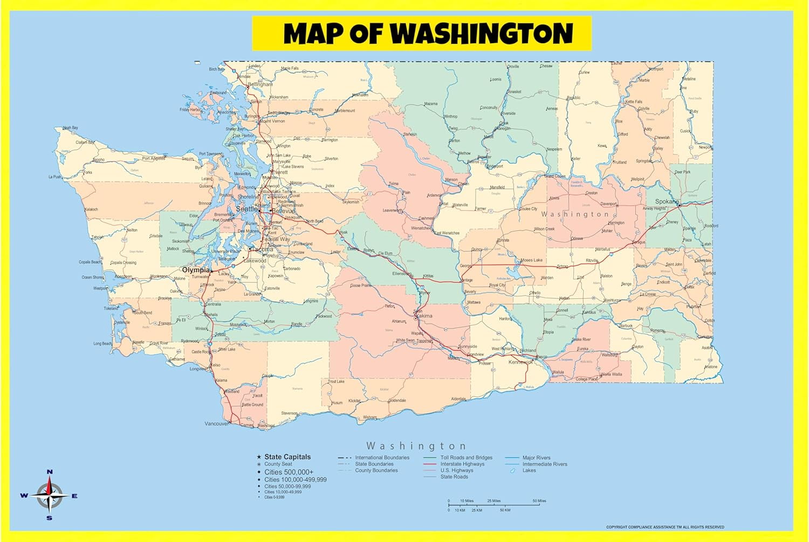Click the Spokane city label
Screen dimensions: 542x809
667,202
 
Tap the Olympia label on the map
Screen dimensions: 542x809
195,270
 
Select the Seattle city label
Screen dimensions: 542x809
247,209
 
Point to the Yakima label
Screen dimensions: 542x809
424,316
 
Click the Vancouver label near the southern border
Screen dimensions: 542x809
216,424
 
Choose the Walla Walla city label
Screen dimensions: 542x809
611,374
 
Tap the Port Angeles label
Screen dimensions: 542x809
153,159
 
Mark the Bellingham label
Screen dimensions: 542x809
260,85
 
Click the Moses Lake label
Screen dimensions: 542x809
531,260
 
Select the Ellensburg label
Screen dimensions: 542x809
401,274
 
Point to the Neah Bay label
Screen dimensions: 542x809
70,128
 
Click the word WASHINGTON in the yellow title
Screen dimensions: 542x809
481,33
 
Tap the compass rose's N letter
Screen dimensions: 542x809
50,472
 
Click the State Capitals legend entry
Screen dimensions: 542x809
287,457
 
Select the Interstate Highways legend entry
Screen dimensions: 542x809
462,464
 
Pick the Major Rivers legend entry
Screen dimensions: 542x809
536,458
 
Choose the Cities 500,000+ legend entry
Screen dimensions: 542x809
289,472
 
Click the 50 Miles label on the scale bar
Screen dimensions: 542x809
539,501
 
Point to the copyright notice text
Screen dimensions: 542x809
664,527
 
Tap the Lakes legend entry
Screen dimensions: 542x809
529,470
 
